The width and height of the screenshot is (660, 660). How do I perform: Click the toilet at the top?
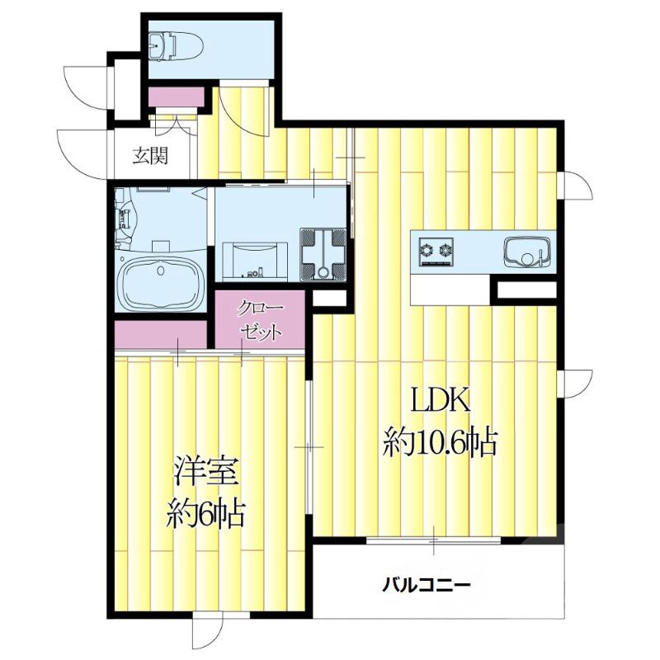tap(175, 45)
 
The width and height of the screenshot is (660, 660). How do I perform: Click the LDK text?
tap(441, 402)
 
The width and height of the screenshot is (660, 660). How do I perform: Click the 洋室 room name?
tap(205, 472)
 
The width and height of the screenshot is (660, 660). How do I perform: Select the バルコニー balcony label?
tap(426, 587)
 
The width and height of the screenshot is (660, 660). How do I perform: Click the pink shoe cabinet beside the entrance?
tap(175, 96)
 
